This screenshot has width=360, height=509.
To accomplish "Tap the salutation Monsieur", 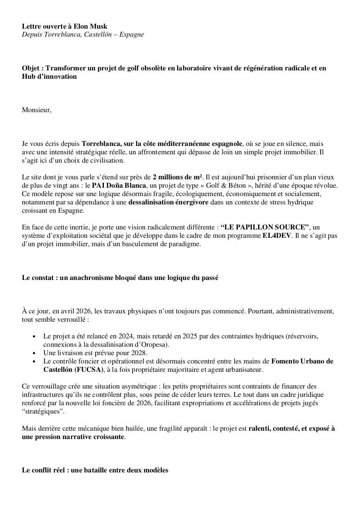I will point(36,110).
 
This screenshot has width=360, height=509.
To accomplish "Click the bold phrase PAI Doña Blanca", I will point(119,185).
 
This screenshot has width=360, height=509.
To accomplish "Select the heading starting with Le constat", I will point(120,278).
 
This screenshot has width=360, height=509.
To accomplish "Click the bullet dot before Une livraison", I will point(34,353).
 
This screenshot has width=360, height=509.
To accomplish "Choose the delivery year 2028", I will point(139,353).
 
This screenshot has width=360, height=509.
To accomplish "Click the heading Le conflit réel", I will point(95,470).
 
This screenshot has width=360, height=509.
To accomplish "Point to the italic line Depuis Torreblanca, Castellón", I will point(83,35).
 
